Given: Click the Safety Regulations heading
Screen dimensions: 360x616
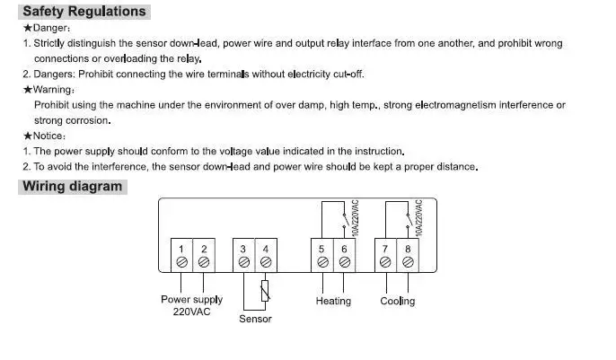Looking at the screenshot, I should click(84, 12).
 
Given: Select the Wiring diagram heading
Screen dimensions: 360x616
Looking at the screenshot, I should click(72, 187).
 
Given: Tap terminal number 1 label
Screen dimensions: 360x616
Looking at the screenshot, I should click(181, 248).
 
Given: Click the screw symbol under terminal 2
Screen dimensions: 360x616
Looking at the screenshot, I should click(204, 262).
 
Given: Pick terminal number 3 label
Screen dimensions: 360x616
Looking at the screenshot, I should click(243, 248).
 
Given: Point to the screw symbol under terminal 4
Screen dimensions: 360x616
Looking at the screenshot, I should click(266, 262).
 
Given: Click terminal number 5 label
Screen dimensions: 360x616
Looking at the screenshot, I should click(322, 248).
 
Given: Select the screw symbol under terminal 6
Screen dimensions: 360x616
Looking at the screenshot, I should click(344, 262).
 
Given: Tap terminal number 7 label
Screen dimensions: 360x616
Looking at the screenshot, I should click(385, 248).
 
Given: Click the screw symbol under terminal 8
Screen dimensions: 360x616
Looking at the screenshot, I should click(408, 262).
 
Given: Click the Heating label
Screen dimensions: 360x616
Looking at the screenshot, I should click(333, 302).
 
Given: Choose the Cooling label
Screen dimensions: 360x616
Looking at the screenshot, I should click(397, 302).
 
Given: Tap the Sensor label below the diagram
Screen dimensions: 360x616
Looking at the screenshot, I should click(255, 319).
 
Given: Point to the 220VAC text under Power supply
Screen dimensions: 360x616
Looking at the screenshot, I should click(191, 312).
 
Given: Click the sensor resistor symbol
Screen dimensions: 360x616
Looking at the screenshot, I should click(264, 290).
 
